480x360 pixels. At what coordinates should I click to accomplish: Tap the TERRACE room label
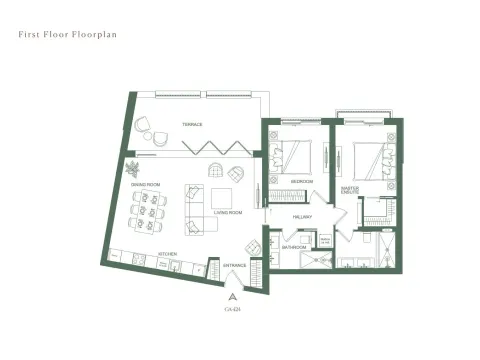pyautogui.click(x=193, y=124)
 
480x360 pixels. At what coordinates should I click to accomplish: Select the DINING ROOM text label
pyautogui.click(x=148, y=185)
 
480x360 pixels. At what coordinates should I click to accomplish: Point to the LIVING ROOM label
pyautogui.click(x=230, y=212)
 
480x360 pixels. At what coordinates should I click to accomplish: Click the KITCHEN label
pyautogui.click(x=168, y=254)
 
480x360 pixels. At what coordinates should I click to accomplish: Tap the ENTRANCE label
pyautogui.click(x=235, y=265)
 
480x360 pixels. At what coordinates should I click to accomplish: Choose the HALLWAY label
pyautogui.click(x=303, y=217)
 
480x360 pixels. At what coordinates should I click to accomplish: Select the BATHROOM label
pyautogui.click(x=293, y=247)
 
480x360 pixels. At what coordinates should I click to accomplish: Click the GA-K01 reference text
pyautogui.click(x=233, y=310)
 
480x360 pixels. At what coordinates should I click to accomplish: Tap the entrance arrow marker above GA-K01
pyautogui.click(x=233, y=297)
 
